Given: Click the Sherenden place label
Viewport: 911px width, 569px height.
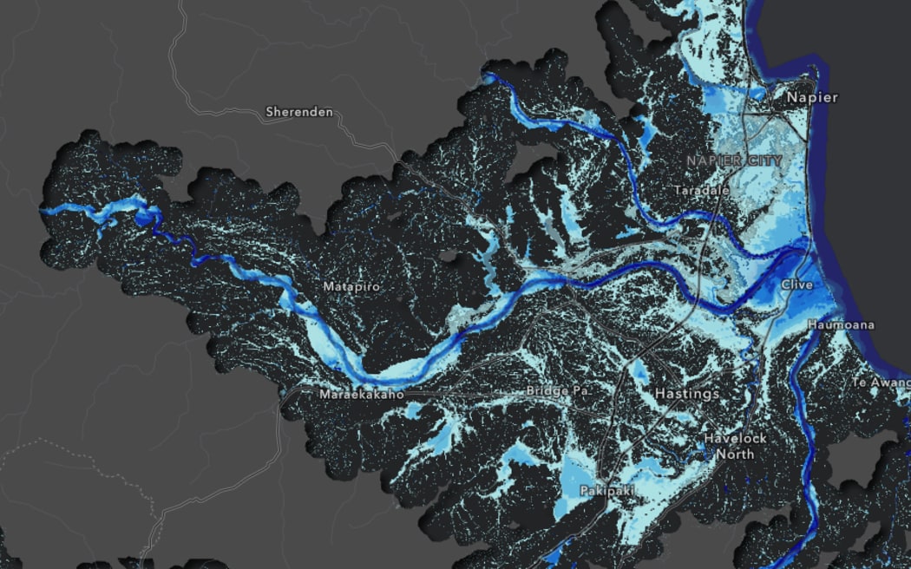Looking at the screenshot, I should (x=298, y=112).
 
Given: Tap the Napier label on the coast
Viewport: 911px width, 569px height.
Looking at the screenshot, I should (x=811, y=97).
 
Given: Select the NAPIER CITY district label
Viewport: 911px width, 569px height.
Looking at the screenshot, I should (x=734, y=160).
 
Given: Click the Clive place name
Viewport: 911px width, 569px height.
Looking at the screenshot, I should (x=796, y=284).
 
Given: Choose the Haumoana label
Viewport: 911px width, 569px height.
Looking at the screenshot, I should (x=841, y=324).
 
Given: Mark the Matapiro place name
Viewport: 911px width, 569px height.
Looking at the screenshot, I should (x=351, y=286).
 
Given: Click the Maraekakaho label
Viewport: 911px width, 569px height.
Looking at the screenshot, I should (x=362, y=395).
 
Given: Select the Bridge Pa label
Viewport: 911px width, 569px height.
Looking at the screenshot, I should (x=558, y=391).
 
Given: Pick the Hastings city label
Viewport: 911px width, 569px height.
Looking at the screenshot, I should (x=686, y=394).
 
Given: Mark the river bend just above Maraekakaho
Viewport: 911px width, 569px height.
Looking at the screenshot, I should (x=382, y=375).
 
